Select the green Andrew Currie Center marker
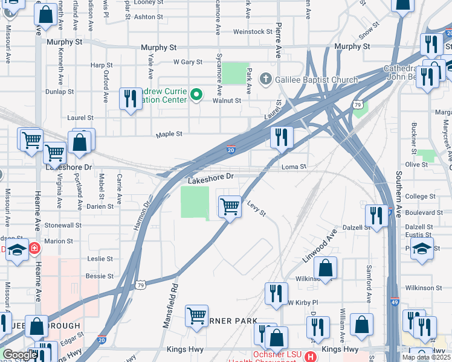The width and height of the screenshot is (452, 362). click(x=196, y=94)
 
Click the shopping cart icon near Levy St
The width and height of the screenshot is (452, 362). click(x=230, y=206)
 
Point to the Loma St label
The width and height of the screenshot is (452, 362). click(x=295, y=166)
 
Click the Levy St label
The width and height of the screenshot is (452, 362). click(x=256, y=209)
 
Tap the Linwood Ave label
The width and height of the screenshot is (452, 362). click(x=320, y=246)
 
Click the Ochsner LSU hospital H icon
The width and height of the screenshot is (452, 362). click(x=311, y=357)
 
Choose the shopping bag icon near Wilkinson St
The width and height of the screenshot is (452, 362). click(x=325, y=269)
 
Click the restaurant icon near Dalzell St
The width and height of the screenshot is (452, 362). click(x=377, y=216)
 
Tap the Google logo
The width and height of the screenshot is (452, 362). click(x=20, y=355)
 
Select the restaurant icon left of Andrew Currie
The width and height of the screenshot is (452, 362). click(x=131, y=98)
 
